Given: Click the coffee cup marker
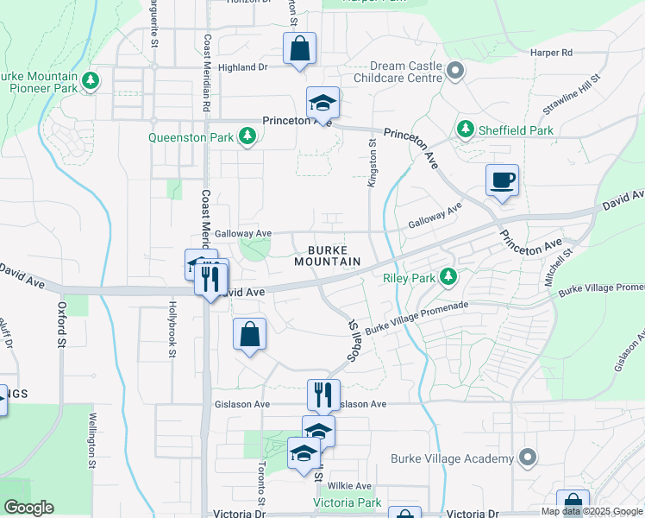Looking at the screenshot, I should pyautogui.click(x=502, y=181).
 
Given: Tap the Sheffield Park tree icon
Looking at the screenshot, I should pyautogui.click(x=466, y=129).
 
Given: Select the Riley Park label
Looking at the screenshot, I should pyautogui.click(x=410, y=278).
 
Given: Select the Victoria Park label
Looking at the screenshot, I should pyautogui.click(x=346, y=502).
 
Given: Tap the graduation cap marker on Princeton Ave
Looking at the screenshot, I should pyautogui.click(x=322, y=103).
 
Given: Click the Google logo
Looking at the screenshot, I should pyautogui.click(x=28, y=508).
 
